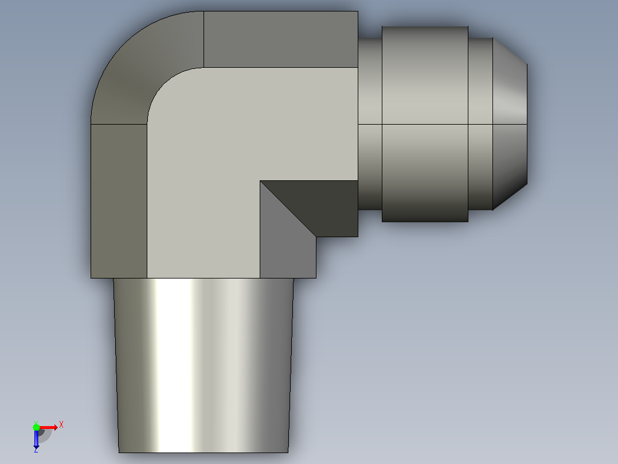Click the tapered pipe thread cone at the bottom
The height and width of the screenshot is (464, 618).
tap(204, 365)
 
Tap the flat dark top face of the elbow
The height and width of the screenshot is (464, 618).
tap(281, 39)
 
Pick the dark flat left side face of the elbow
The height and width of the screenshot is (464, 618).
tap(119, 202)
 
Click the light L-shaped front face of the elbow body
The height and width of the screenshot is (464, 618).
tap(221, 158)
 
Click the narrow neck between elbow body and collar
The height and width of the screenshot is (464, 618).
tap(370, 124)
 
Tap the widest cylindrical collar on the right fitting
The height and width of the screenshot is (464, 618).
tap(425, 124)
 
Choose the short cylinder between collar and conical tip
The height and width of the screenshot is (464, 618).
tap(480, 124)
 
